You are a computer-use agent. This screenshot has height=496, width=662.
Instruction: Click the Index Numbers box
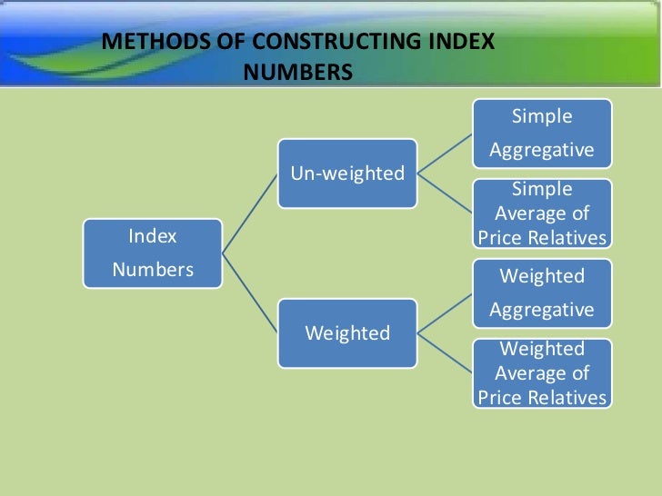pyautogui.click(x=152, y=253)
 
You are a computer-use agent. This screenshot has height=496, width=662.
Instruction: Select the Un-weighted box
pyautogui.click(x=346, y=174)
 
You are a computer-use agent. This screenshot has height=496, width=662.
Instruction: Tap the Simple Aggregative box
pyautogui.click(x=542, y=133)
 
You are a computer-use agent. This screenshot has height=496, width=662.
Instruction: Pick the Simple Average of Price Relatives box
pyautogui.click(x=542, y=213)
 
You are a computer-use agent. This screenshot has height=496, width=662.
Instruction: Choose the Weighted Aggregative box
pyautogui.click(x=542, y=293)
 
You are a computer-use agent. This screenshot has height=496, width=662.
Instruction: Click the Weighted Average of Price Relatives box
pyautogui.click(x=542, y=372)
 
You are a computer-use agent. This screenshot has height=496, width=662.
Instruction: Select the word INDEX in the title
pyautogui.click(x=461, y=43)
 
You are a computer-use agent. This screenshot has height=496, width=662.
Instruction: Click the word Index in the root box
pyautogui.click(x=153, y=237)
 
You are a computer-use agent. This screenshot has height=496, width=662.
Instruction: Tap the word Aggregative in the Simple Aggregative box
pyautogui.click(x=542, y=149)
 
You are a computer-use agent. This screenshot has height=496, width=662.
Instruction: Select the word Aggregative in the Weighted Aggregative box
pyautogui.click(x=542, y=310)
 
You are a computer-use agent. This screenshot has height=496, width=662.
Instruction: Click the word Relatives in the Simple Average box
pyautogui.click(x=570, y=238)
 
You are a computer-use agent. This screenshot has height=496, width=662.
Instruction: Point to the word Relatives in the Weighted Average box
pyautogui.click(x=570, y=397)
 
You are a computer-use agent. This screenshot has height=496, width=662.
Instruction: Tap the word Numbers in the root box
pyautogui.click(x=153, y=270)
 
